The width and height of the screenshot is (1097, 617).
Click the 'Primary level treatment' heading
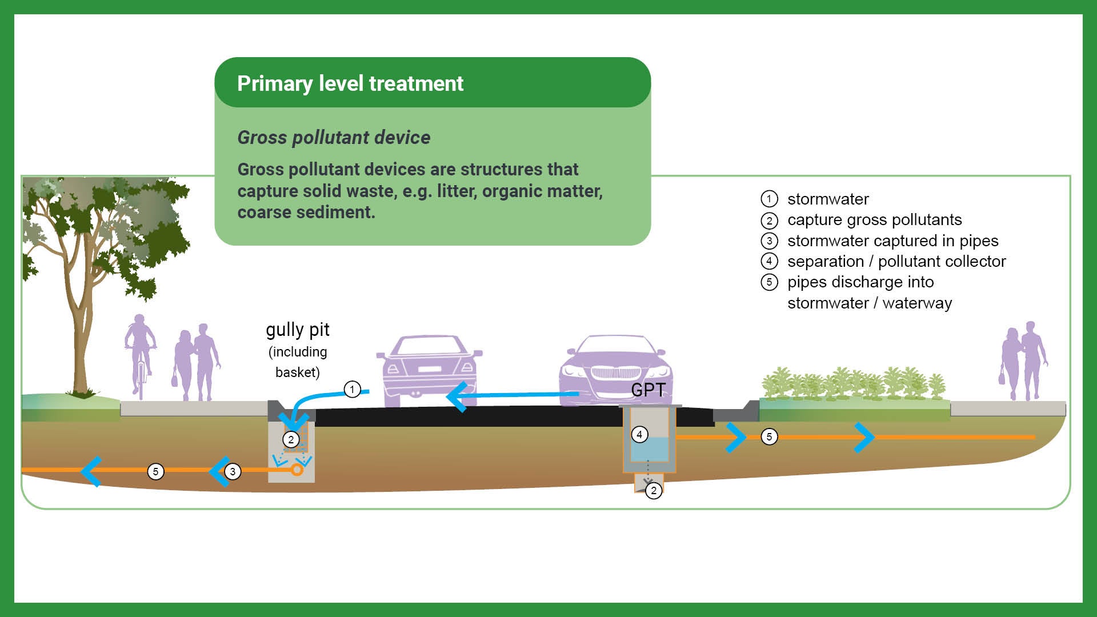[x=350, y=83]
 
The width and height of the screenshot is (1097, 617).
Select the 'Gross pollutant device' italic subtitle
[x=334, y=138]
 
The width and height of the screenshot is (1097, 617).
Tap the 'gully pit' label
[x=298, y=330]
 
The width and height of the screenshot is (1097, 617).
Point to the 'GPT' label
[x=648, y=390]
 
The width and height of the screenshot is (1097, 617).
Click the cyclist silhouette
[x=140, y=354]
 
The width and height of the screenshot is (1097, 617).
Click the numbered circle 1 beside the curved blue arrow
[x=352, y=390]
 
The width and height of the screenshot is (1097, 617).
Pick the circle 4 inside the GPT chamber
[x=639, y=435]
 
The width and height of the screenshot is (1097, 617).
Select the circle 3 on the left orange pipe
[x=233, y=471]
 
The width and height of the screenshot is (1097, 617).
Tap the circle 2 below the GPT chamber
[x=654, y=490]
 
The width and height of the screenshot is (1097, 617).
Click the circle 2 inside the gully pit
[x=291, y=439]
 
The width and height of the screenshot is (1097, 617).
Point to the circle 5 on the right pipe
[x=769, y=437]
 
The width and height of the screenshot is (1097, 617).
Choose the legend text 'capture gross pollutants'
[x=874, y=220]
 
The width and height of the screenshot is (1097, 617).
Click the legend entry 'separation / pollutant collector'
[x=896, y=262]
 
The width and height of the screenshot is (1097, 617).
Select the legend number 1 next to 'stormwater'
[x=770, y=199]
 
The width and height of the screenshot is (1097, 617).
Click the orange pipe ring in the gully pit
[x=297, y=470]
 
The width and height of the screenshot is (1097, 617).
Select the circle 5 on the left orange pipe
[x=155, y=471]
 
